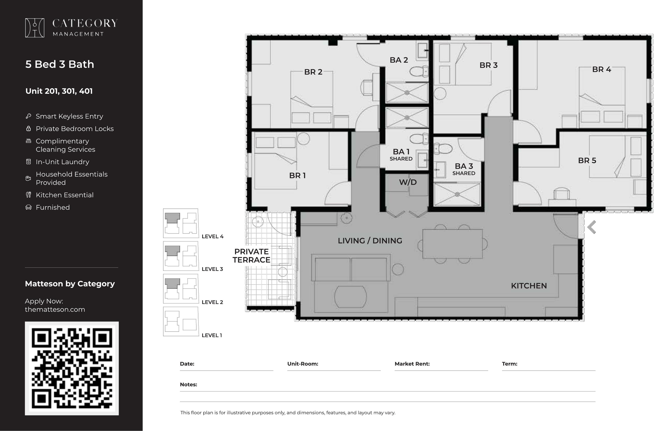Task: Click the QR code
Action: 72,368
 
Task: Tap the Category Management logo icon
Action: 35,28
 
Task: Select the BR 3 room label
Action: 488,65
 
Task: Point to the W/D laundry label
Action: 408,182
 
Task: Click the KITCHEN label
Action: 529,286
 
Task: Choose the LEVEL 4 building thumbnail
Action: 181,223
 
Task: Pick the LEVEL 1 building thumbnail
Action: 181,322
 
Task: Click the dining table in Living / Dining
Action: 452,244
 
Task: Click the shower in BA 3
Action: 457,194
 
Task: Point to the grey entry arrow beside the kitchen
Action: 592,227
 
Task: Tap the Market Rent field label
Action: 412,364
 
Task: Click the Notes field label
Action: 189,384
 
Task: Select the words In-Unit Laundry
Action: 63,162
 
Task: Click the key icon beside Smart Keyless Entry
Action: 28,116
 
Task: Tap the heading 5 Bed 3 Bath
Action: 60,64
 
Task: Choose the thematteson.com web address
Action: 55,309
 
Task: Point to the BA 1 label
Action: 401,152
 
